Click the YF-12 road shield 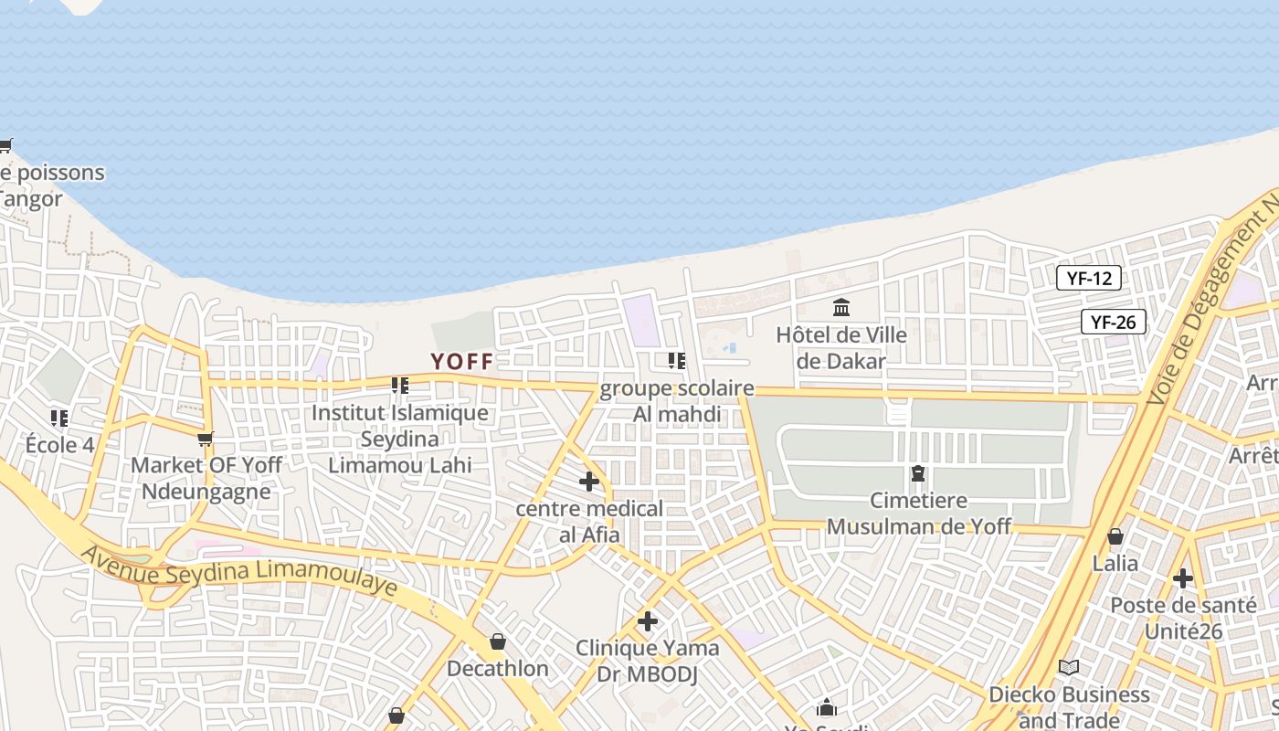tap(1088, 278)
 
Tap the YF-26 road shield tap(1113, 322)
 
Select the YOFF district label tap(462, 362)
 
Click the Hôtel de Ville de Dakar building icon tap(841, 307)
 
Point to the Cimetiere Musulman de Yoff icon tap(917, 473)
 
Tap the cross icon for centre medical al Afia tap(589, 481)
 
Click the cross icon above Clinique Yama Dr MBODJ tap(648, 621)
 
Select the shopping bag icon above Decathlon tap(497, 641)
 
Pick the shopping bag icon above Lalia tap(1115, 536)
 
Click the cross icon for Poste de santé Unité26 tap(1183, 577)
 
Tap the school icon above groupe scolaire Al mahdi tap(676, 361)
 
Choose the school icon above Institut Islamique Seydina tap(399, 386)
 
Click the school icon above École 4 tap(59, 418)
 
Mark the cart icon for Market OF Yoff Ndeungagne tap(206, 439)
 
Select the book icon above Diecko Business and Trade tap(1069, 667)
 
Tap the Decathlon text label tap(497, 669)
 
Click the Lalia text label tap(1115, 563)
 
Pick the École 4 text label tap(59, 445)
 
